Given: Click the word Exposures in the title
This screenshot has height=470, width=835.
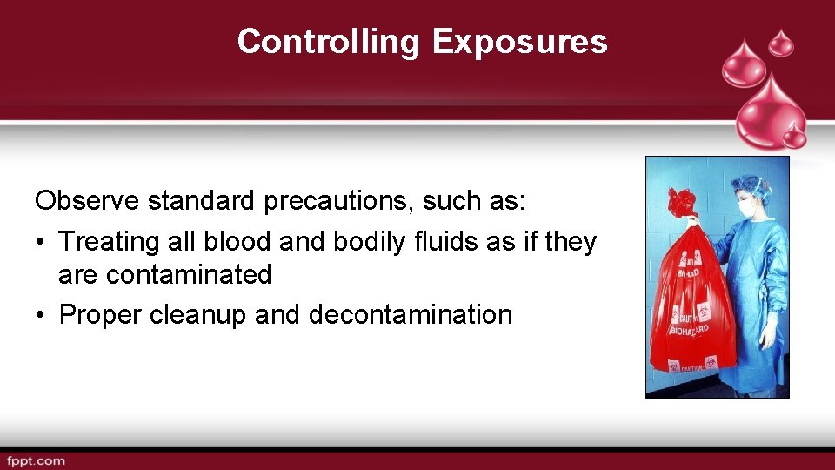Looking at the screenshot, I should [x=519, y=42].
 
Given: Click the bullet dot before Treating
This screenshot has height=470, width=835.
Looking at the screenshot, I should [x=41, y=241].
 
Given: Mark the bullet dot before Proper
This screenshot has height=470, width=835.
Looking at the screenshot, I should [x=41, y=314].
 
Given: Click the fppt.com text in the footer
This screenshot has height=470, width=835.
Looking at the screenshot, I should [x=37, y=460].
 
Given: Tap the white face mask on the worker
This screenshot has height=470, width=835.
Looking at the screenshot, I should [x=746, y=208].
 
